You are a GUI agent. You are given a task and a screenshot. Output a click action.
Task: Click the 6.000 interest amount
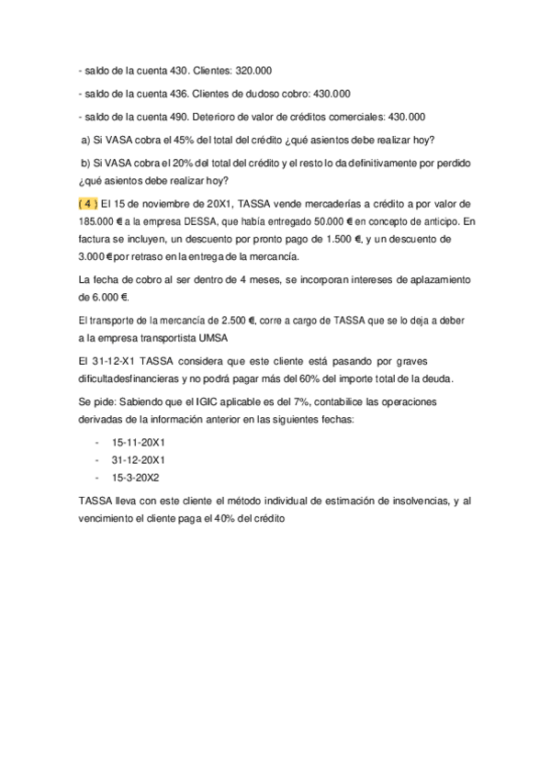pyautogui.click(x=102, y=297)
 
